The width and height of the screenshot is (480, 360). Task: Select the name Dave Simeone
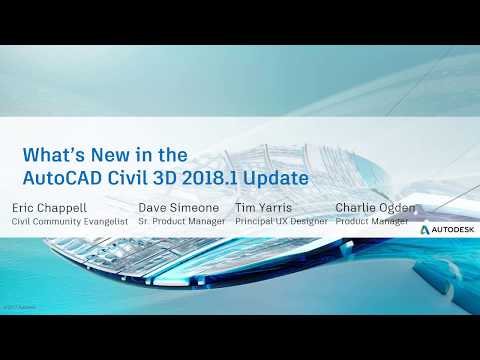coord(180,208)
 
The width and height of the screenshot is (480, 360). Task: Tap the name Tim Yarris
coord(263,208)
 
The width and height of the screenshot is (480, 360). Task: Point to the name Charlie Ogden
coord(375,208)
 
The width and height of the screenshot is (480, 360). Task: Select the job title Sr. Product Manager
coord(182,221)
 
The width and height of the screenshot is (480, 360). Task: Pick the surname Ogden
coord(396,208)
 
